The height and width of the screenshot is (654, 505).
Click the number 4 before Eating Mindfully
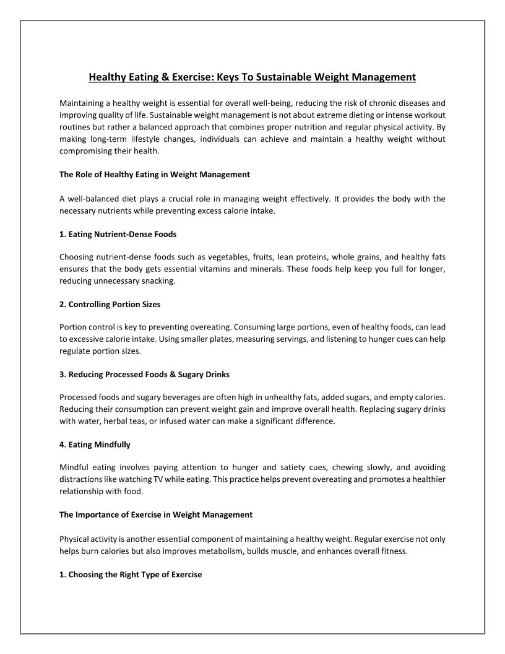(x=62, y=445)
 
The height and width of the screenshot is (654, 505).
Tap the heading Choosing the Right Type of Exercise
(x=131, y=574)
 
